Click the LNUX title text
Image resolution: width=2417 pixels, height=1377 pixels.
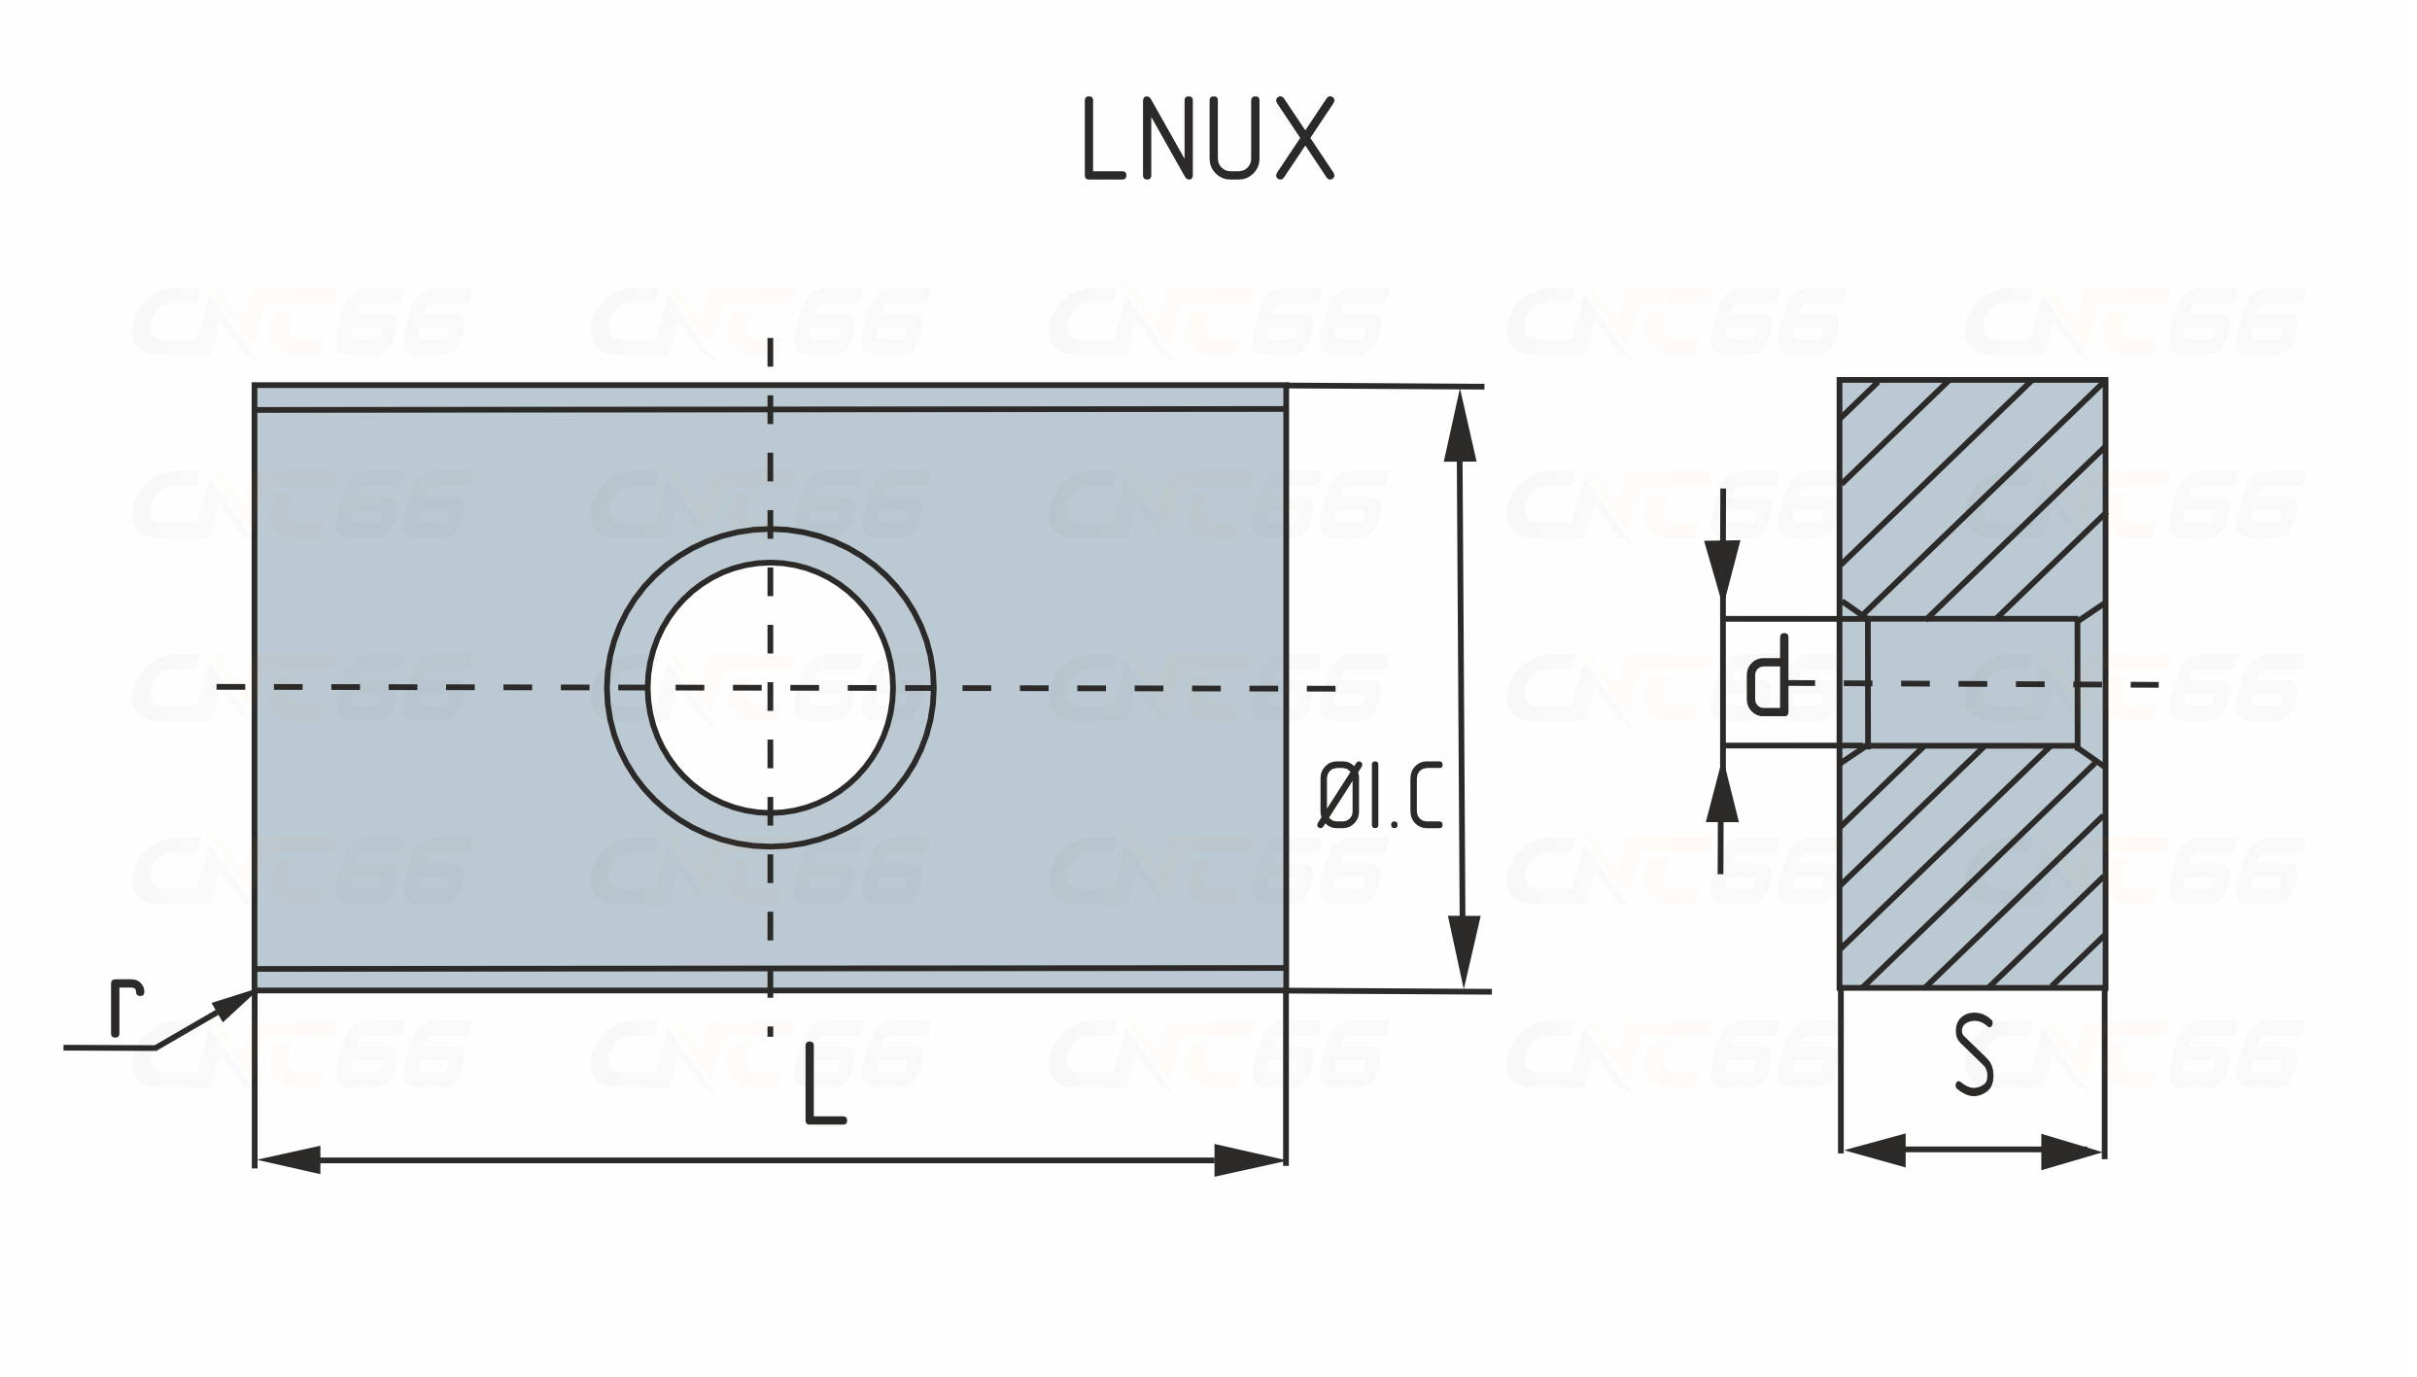pos(1208,139)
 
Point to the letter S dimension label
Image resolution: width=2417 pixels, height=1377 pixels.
pos(1973,1055)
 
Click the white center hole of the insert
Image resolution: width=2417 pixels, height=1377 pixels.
pos(770,686)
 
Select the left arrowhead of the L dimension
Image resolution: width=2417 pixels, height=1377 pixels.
pos(289,1160)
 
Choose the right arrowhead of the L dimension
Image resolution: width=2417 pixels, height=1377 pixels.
pos(1251,1160)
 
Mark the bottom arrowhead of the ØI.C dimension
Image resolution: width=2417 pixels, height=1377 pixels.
pos(1463,951)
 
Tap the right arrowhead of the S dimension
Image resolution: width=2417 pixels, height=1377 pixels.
pos(2071,1151)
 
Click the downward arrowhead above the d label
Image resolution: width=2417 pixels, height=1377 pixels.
pos(1722,568)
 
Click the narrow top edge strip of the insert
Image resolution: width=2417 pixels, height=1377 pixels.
pos(770,397)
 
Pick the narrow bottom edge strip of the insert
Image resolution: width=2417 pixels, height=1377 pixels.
pos(770,980)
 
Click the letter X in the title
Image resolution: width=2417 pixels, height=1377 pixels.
pos(1305,139)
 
